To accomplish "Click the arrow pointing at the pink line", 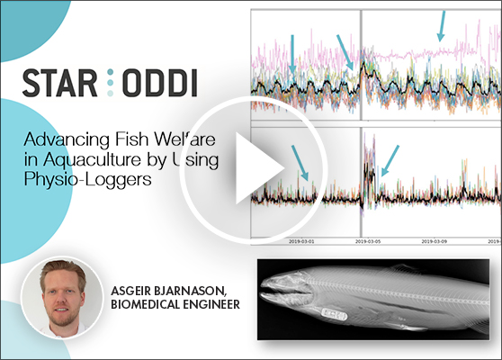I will [441, 25].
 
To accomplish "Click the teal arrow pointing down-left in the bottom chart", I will [390, 161].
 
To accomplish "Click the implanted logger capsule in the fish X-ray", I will [336, 317].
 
